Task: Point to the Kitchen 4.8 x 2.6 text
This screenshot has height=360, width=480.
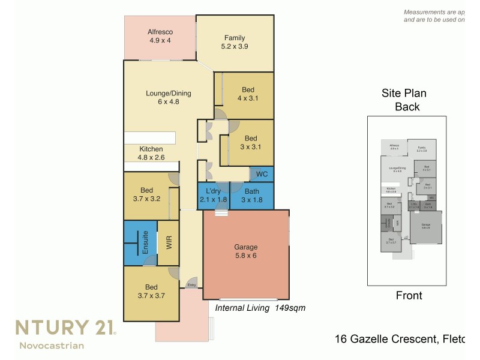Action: pyautogui.click(x=151, y=154)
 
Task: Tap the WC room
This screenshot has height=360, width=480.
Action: pyautogui.click(x=262, y=175)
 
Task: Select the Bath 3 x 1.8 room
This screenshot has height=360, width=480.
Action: pyautogui.click(x=252, y=196)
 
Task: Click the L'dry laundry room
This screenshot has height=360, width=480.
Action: pyautogui.click(x=213, y=196)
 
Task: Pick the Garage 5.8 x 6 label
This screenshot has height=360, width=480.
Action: pyautogui.click(x=245, y=251)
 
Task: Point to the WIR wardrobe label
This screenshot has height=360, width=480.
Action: pyautogui.click(x=169, y=243)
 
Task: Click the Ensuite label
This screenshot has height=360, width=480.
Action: pyautogui.click(x=145, y=243)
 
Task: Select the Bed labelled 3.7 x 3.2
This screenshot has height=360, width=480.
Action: pyautogui.click(x=147, y=195)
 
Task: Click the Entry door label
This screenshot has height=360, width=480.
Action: pyautogui.click(x=191, y=285)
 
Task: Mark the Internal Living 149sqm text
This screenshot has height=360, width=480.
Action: pyautogui.click(x=260, y=308)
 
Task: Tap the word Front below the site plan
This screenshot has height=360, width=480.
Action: pyautogui.click(x=409, y=295)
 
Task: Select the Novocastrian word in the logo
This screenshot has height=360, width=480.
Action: pyautogui.click(x=52, y=345)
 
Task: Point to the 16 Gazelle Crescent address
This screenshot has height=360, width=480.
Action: pyautogui.click(x=398, y=340)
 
